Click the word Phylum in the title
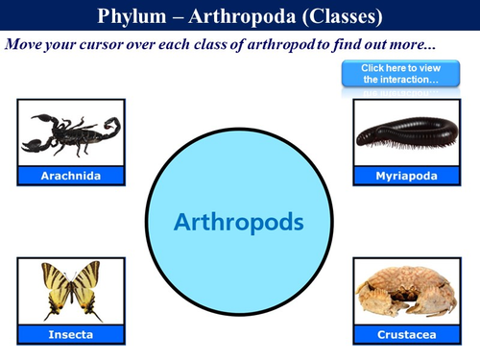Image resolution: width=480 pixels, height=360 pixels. pos(133,15)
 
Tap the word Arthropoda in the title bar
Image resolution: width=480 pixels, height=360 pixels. pos(244,15)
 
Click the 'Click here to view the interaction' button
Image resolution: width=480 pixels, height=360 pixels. pos(399,74)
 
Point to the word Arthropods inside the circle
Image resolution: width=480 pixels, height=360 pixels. pos(239,222)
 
